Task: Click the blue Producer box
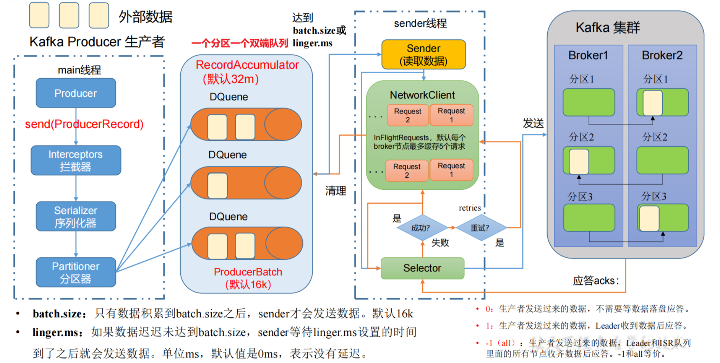pyautogui.click(x=76, y=93)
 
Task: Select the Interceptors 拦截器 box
pyautogui.click(x=76, y=160)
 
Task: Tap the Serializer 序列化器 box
pyautogui.click(x=76, y=217)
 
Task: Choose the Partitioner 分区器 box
pyautogui.click(x=76, y=272)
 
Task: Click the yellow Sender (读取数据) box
pyautogui.click(x=423, y=55)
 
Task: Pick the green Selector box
pyautogui.click(x=422, y=268)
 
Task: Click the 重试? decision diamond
pyautogui.click(x=481, y=228)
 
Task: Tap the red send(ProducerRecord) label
pyautogui.click(x=84, y=124)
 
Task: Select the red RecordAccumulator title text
pyautogui.click(x=247, y=65)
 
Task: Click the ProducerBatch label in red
pyautogui.click(x=248, y=272)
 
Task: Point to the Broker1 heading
pyautogui.click(x=588, y=55)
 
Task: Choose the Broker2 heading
pyautogui.click(x=662, y=55)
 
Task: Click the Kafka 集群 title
pyautogui.click(x=608, y=27)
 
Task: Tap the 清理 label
pyautogui.click(x=336, y=191)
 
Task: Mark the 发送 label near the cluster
pyautogui.click(x=534, y=123)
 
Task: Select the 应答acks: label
pyautogui.click(x=596, y=281)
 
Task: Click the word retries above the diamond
pyautogui.click(x=470, y=208)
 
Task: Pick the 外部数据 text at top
pyautogui.click(x=146, y=17)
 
